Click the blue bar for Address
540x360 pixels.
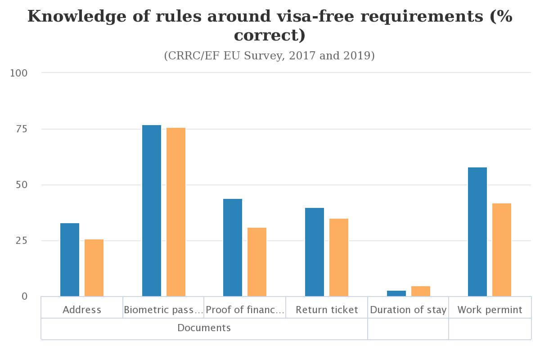(70, 260)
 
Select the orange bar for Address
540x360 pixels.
(94, 268)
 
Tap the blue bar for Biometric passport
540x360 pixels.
(152, 211)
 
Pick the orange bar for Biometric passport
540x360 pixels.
(176, 212)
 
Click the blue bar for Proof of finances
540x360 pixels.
(233, 247)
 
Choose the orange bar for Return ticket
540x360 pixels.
(339, 257)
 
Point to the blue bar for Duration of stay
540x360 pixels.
(396, 293)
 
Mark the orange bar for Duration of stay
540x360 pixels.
(421, 291)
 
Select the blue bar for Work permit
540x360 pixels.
(477, 232)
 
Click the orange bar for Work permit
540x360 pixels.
(502, 250)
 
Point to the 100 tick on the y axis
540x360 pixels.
(19, 73)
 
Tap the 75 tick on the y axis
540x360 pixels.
(21, 129)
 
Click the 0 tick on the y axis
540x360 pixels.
(24, 297)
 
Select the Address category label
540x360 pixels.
(82, 310)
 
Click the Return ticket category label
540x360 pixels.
(327, 310)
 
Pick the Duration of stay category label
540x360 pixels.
(408, 310)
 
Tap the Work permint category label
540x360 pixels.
(490, 310)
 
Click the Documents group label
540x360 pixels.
(204, 328)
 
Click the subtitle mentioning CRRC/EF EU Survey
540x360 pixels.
(270, 56)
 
